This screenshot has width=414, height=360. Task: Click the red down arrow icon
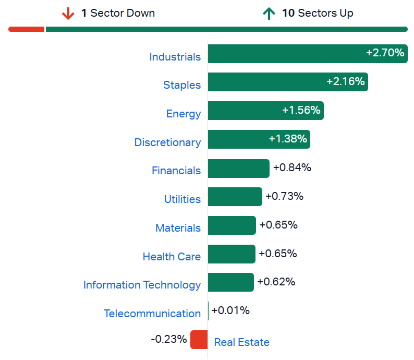click(x=68, y=14)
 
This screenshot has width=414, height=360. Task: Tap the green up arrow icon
click(x=269, y=14)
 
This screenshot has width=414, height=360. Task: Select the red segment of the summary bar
click(x=27, y=29)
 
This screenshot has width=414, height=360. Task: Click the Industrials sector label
click(x=175, y=57)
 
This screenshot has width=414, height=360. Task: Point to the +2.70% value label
click(x=385, y=53)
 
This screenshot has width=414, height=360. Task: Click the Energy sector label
click(x=183, y=114)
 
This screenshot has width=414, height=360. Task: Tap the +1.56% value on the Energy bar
click(x=301, y=111)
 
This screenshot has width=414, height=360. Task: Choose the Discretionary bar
click(x=259, y=139)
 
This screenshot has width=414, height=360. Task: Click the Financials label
click(x=176, y=171)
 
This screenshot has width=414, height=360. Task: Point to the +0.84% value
click(x=292, y=167)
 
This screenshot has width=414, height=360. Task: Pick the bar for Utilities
click(x=235, y=197)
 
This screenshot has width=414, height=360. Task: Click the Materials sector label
click(x=178, y=228)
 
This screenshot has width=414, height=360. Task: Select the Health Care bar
click(x=232, y=254)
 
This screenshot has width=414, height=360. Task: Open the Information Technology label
click(x=142, y=285)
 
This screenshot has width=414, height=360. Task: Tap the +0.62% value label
click(x=276, y=282)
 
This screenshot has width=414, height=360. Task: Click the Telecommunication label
click(x=152, y=314)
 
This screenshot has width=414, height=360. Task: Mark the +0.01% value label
click(x=230, y=310)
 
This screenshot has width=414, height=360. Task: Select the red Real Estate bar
click(x=199, y=340)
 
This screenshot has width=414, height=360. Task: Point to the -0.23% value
click(x=168, y=339)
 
